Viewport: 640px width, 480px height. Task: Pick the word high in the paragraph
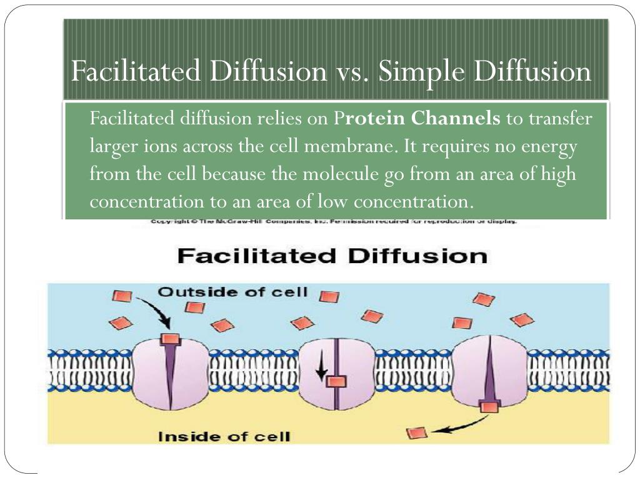557,174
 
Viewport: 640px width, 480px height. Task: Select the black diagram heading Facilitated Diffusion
332,256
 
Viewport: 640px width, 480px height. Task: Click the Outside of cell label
232,292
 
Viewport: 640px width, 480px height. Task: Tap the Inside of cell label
224,436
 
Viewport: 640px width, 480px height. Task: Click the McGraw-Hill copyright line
334,222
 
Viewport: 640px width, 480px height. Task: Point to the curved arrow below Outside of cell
155,311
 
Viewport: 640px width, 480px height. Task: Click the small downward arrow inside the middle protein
321,371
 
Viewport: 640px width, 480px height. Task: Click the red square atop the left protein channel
170,339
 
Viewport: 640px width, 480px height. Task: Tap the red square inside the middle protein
336,382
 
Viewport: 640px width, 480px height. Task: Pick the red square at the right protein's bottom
489,407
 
